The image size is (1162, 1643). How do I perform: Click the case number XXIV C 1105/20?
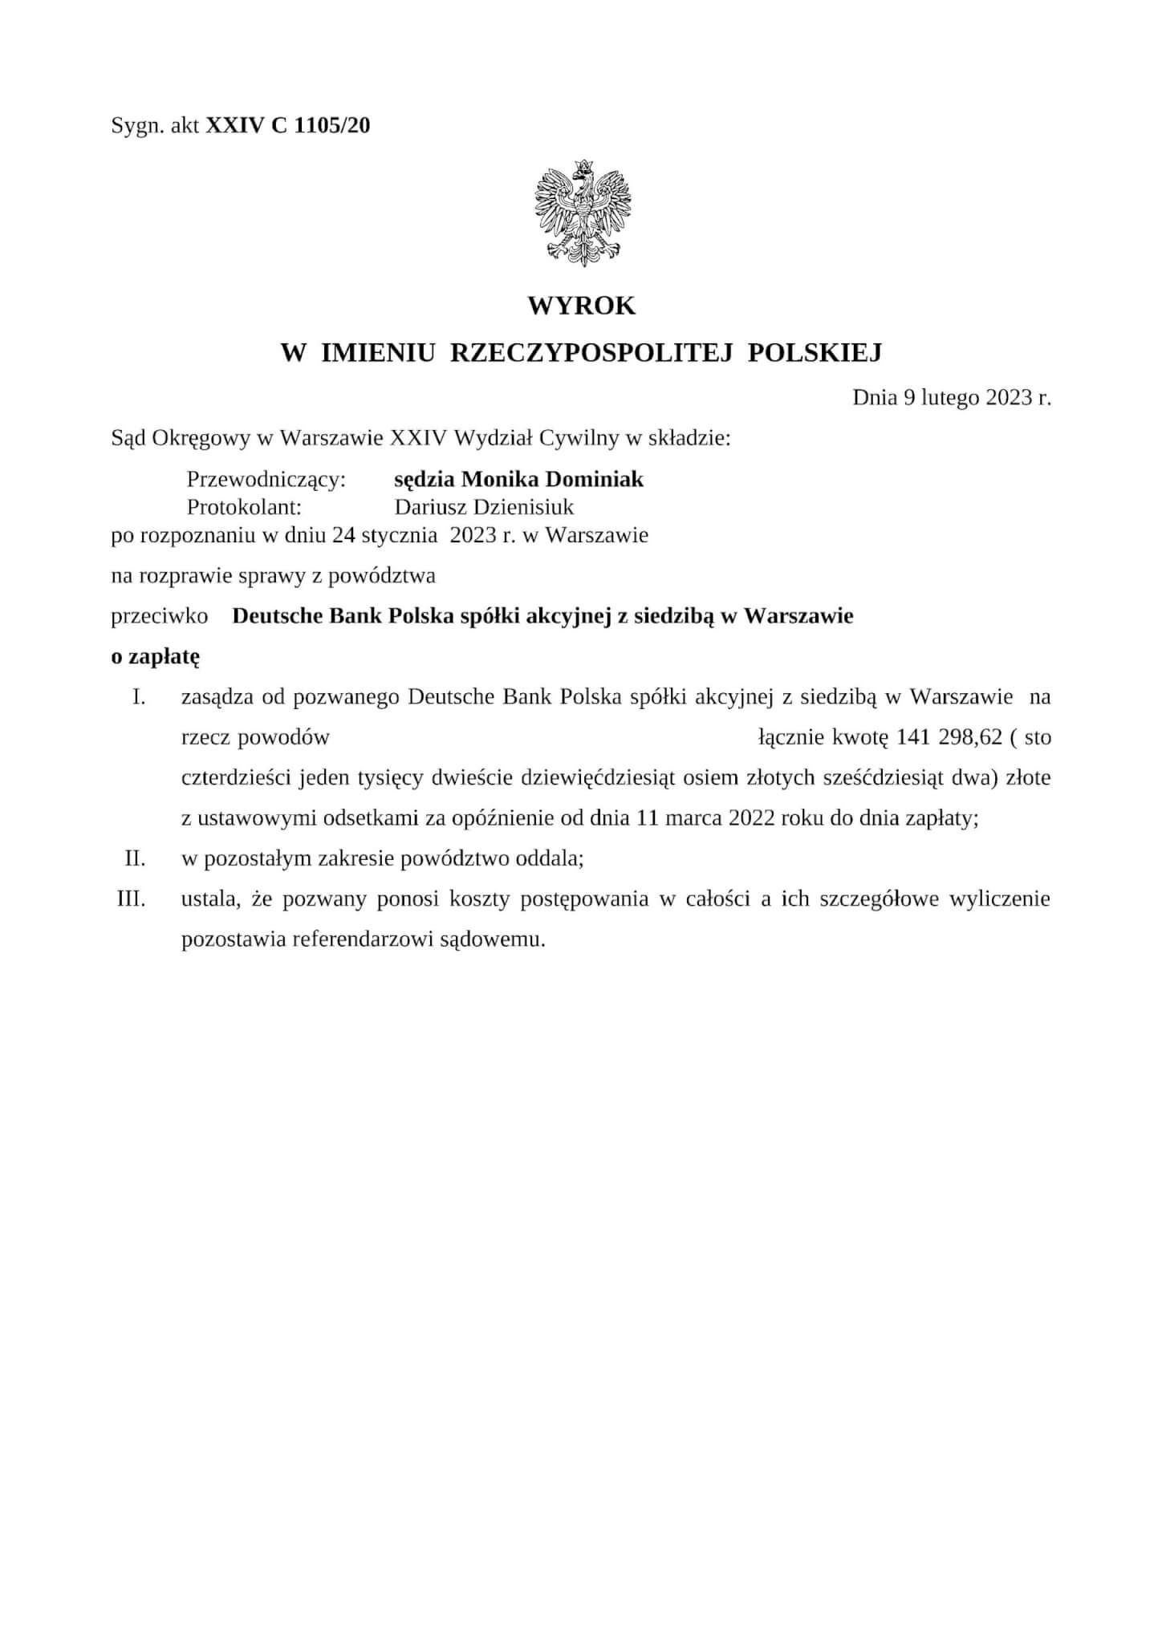coord(288,125)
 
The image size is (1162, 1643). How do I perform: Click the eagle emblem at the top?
coord(583,213)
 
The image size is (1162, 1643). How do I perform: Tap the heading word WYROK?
coord(582,306)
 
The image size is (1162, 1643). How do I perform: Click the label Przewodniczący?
coord(266,480)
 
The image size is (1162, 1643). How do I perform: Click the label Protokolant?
coord(244,507)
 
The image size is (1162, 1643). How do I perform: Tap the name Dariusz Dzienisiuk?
coord(484,507)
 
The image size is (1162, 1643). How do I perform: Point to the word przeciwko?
coord(160,616)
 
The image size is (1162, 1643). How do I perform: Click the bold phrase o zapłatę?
coord(155,656)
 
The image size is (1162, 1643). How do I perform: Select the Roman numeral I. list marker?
coord(139,696)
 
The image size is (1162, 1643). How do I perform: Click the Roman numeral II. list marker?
coord(135,858)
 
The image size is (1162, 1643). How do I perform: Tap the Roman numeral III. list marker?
coord(132,899)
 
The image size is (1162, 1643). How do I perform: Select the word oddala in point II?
coord(552,858)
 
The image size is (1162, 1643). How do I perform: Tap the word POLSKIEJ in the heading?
coord(815,352)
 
